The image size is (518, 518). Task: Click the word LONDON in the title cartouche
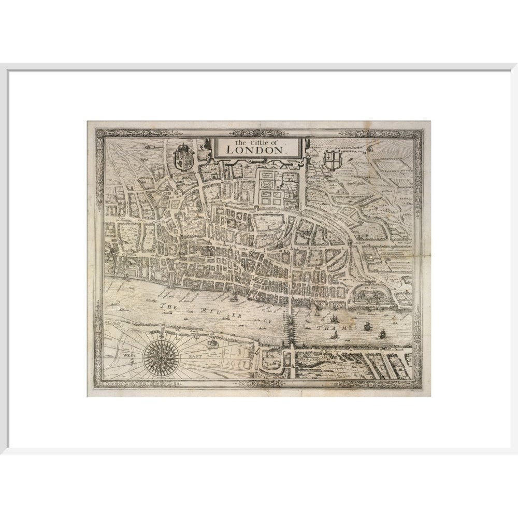(x=256, y=149)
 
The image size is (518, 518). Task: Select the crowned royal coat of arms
(x=184, y=157)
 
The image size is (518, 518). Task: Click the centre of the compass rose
(x=162, y=356)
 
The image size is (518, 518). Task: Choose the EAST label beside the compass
(x=194, y=356)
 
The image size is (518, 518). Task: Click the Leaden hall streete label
(x=309, y=249)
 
